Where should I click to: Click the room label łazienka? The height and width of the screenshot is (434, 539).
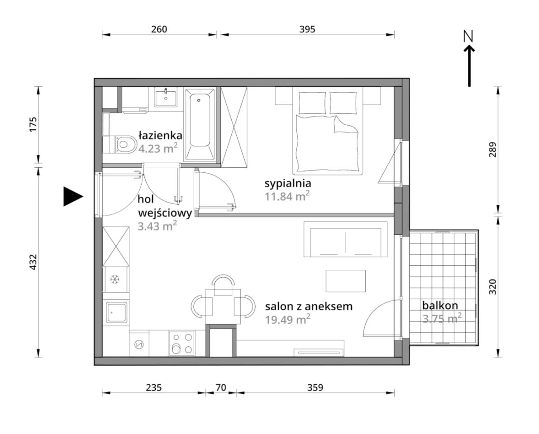point(160,135)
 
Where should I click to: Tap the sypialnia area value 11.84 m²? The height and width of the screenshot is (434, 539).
point(287,196)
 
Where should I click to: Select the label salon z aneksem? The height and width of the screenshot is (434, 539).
point(309,306)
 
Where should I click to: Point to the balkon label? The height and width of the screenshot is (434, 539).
point(440,305)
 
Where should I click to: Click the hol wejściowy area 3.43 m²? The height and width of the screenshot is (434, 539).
point(157,226)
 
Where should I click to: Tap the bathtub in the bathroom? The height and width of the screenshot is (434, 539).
point(200,125)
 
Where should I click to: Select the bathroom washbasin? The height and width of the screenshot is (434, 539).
point(166,97)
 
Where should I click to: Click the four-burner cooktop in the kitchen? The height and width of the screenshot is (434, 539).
point(182,343)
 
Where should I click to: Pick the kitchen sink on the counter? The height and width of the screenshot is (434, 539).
point(116,312)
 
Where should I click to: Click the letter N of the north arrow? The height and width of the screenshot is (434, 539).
point(468,36)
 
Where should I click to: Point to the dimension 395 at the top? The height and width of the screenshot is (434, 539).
point(307,29)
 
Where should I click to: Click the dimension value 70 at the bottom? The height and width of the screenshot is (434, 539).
point(221,387)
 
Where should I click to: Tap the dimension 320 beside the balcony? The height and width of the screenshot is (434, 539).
point(492,287)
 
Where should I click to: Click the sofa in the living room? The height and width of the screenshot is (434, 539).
point(345,239)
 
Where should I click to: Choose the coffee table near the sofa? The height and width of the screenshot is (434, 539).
point(346,281)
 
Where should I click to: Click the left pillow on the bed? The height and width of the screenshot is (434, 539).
point(312,103)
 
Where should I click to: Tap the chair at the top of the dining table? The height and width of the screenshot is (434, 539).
point(224,285)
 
